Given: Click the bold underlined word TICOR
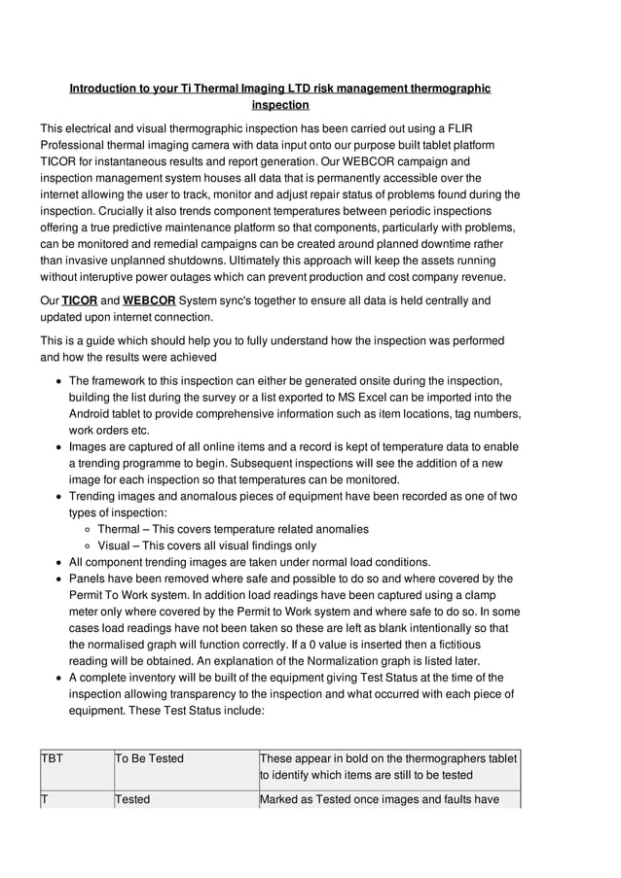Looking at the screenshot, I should [x=80, y=300].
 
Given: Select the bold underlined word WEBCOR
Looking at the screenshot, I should [x=149, y=300].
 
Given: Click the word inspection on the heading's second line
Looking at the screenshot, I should [x=280, y=105].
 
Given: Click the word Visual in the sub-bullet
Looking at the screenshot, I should [x=115, y=546].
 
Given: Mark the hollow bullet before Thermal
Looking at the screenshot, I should [x=88, y=530].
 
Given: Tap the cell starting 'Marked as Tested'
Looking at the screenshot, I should [x=389, y=799].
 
